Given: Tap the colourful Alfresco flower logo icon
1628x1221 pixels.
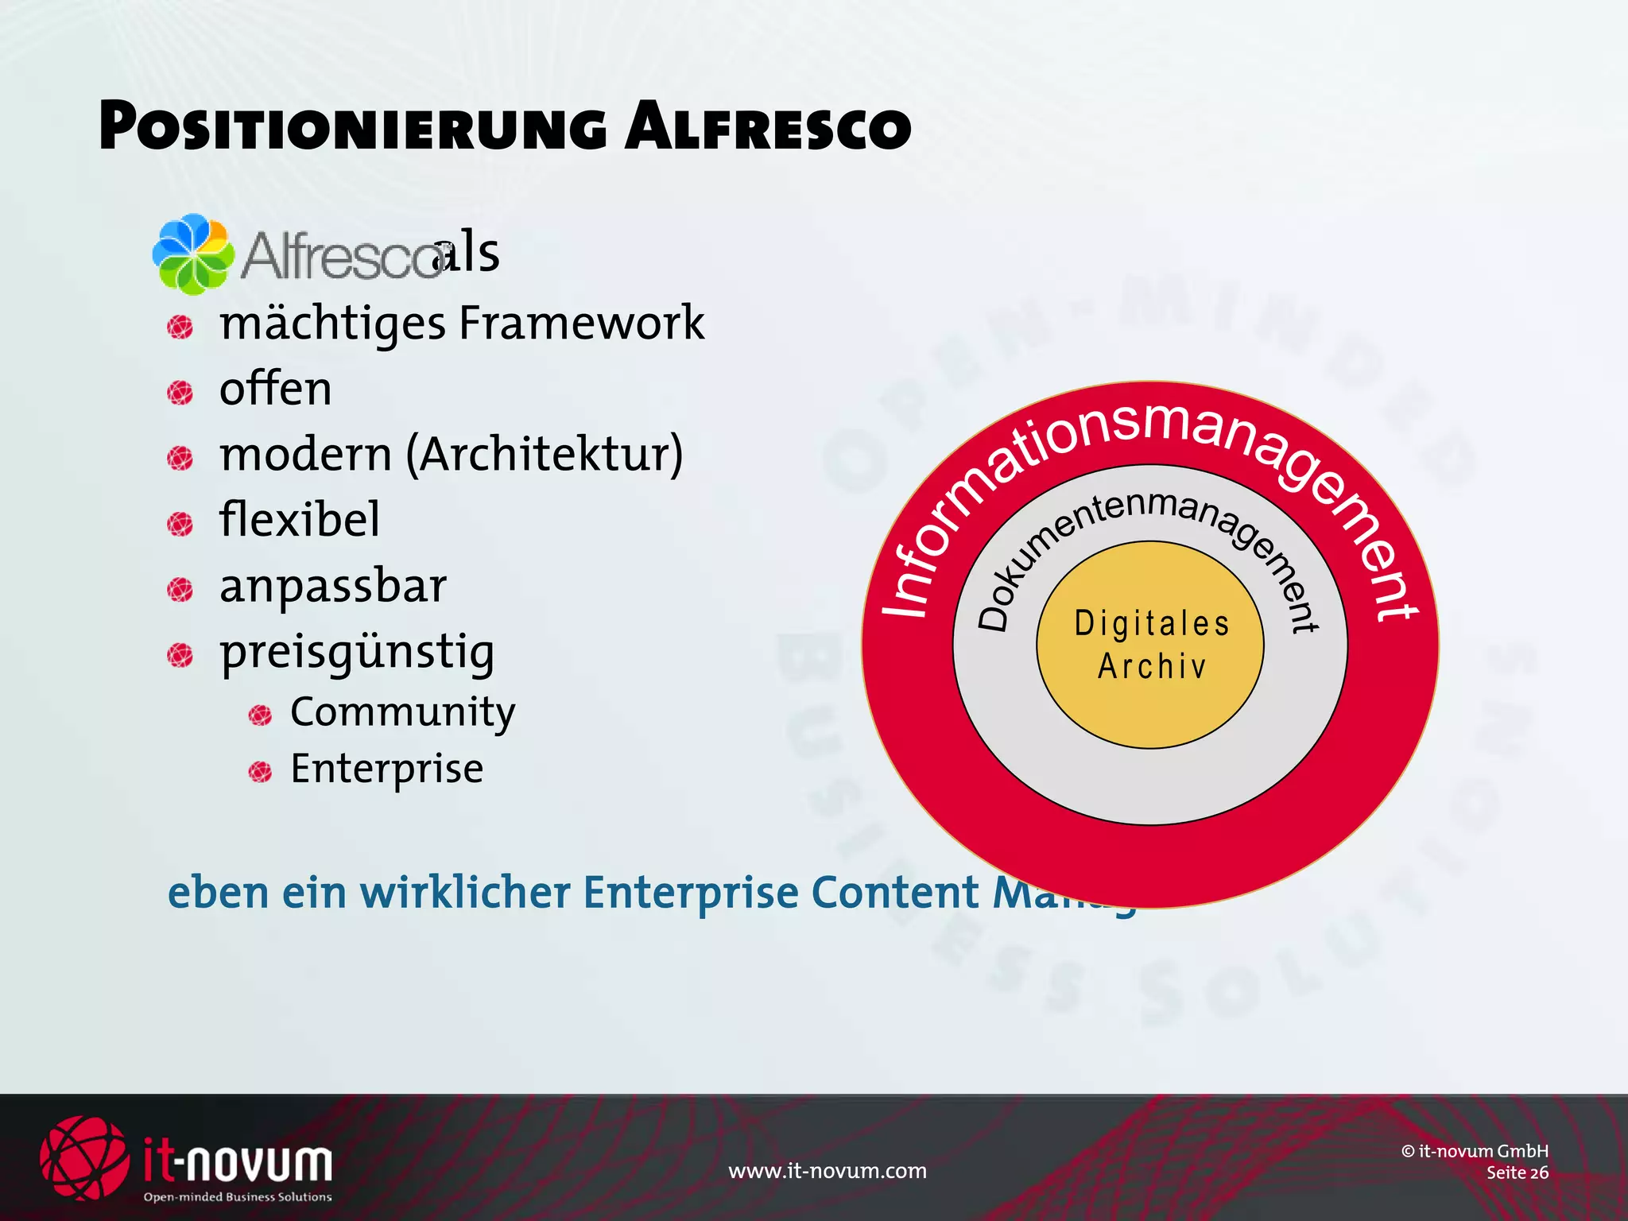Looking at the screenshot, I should click(192, 253).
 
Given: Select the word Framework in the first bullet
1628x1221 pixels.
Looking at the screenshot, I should click(581, 324).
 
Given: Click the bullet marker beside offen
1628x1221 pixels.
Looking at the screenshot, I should click(180, 392).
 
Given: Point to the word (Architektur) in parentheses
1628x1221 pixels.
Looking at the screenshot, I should click(545, 455).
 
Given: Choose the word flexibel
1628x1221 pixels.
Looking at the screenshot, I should click(300, 520).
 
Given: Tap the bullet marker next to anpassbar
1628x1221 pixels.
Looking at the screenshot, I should click(180, 590).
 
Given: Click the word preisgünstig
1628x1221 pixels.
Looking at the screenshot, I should click(357, 653).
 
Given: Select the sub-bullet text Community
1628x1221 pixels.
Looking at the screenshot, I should click(402, 712).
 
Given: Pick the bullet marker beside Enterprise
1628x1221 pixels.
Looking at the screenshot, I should click(260, 771).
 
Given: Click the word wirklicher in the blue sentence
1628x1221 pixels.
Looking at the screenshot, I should click(465, 893).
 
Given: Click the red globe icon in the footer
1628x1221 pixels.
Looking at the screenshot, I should click(83, 1157).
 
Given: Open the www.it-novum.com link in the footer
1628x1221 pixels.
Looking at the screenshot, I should click(828, 1171).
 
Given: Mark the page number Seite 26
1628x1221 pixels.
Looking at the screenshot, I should click(1517, 1173).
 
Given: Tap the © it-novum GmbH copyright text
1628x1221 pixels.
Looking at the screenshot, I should click(1475, 1151).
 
